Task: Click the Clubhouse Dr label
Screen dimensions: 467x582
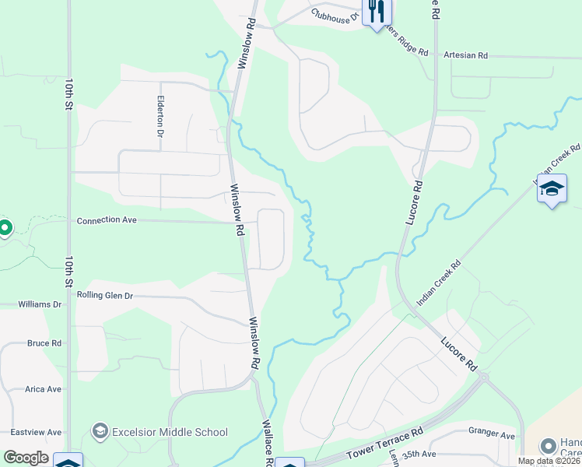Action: tap(334, 14)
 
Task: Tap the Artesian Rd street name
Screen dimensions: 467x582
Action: tap(465, 55)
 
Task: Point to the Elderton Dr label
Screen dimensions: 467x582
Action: tap(160, 116)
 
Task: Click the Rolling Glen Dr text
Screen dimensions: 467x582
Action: tap(105, 296)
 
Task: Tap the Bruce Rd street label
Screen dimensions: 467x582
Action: tap(44, 343)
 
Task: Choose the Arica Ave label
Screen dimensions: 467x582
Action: tap(43, 389)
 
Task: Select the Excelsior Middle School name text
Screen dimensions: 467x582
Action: tap(170, 432)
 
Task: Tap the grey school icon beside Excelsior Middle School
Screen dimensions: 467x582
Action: tap(100, 431)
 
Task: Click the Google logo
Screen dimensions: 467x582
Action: tap(25, 458)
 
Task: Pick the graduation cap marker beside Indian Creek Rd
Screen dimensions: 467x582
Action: tap(552, 188)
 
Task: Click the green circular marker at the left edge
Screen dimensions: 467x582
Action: tap(4, 228)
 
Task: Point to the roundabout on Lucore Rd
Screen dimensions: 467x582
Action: tap(483, 377)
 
